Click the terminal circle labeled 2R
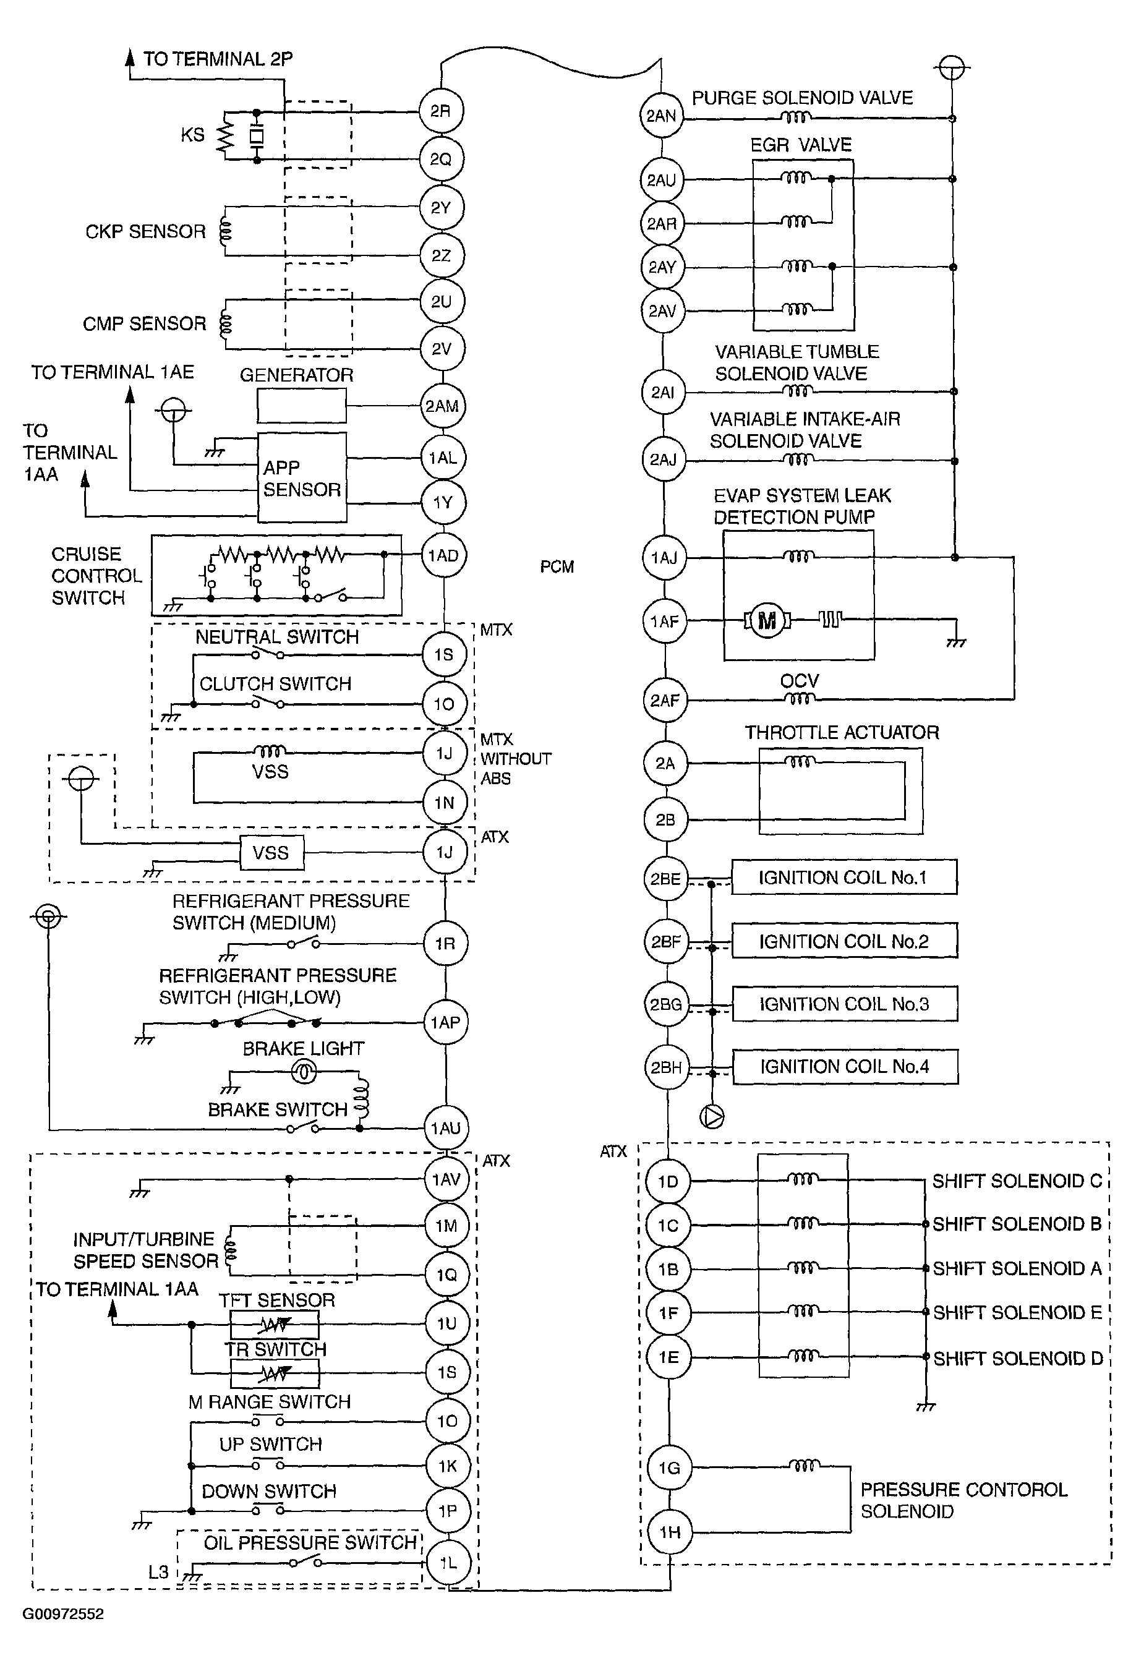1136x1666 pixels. [441, 111]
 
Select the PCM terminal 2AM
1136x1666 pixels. [443, 406]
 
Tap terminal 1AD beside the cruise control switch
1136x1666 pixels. [443, 555]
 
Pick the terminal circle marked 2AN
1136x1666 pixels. [661, 116]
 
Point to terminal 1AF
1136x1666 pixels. [664, 622]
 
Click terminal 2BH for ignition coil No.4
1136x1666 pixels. [667, 1067]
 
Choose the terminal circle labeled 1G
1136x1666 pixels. [668, 1467]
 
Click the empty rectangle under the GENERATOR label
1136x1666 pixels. [302, 406]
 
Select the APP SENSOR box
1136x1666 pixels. [302, 477]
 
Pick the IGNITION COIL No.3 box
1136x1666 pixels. [845, 1004]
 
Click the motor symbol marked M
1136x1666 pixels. [767, 620]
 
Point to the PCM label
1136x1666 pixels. [557, 567]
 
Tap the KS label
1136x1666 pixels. [193, 135]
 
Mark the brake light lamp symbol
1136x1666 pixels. [304, 1072]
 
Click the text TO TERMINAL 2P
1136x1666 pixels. [218, 59]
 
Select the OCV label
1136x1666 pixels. [799, 680]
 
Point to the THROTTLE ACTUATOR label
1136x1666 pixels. [842, 732]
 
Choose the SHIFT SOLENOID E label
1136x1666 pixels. [1017, 1313]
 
